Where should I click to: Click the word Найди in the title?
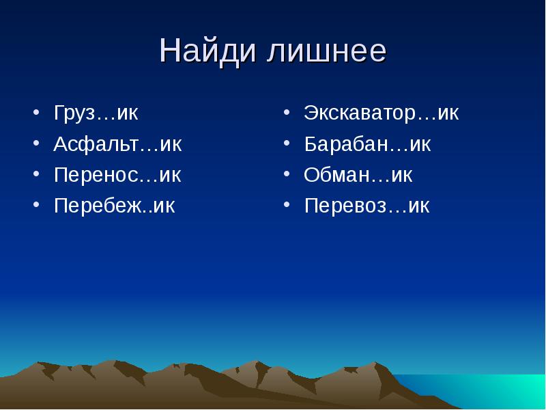pos(206,52)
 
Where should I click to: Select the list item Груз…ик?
pos(96,113)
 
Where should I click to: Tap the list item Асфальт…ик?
pos(117,144)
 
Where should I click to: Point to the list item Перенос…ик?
pos(117,175)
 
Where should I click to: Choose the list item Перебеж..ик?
pos(114,206)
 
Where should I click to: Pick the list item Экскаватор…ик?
pos(381,113)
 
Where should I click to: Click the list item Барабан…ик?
pos(367,144)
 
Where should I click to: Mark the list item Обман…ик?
pos(358,175)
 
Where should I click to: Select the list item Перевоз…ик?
pos(367,206)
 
